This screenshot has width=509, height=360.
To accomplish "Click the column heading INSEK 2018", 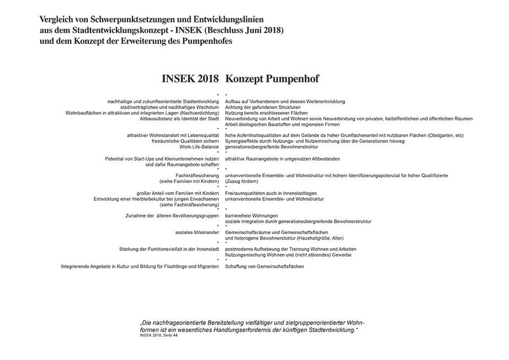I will [190, 78].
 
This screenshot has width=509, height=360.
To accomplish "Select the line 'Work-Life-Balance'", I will [199, 147].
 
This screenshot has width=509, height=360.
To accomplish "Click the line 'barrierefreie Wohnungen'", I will [252, 215].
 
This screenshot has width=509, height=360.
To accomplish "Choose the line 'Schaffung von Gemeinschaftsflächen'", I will [264, 267].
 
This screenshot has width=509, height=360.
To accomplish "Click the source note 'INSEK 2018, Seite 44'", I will [159, 335].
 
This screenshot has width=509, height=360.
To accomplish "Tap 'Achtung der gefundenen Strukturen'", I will [263, 107].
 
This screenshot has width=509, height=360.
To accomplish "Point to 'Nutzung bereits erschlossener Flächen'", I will [267, 113].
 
